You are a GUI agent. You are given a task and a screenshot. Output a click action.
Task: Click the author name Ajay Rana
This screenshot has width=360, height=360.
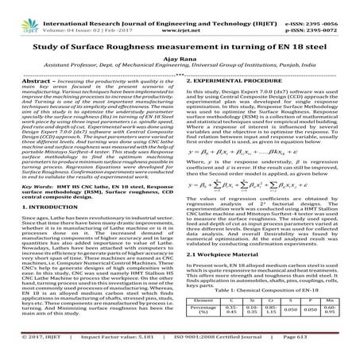[180, 58]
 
